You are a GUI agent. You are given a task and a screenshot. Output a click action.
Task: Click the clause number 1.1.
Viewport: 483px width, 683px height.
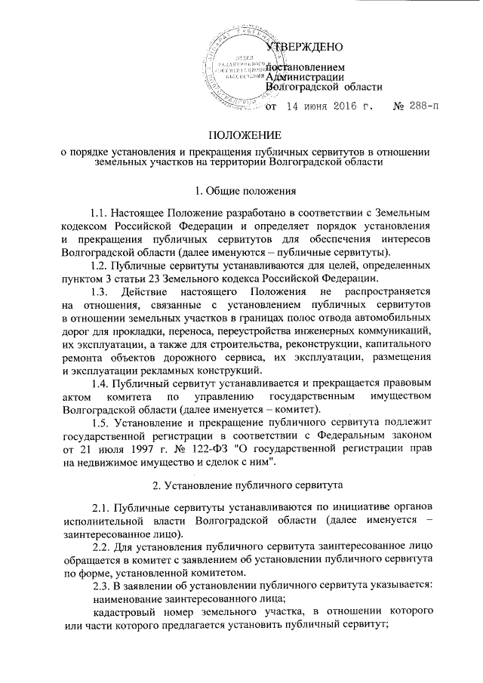point(100,214)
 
